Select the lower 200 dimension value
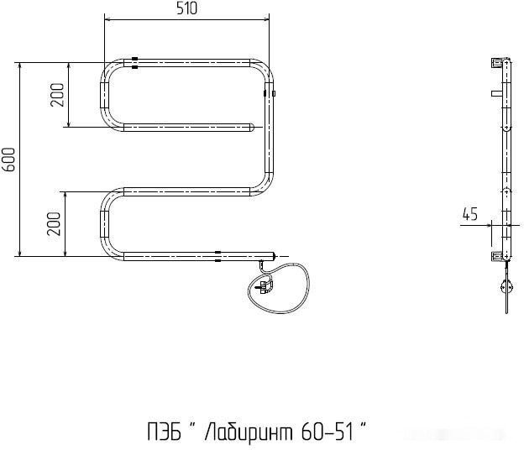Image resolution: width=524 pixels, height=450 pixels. (55, 222)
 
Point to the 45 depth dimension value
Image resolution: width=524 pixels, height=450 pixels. (469, 215)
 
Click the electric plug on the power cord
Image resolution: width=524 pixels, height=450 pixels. (265, 287)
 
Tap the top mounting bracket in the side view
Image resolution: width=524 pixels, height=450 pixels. (499, 63)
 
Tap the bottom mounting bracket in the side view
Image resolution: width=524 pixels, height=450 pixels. (499, 254)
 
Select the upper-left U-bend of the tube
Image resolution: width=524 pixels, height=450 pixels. (107, 96)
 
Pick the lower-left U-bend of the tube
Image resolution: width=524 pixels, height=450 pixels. (107, 222)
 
